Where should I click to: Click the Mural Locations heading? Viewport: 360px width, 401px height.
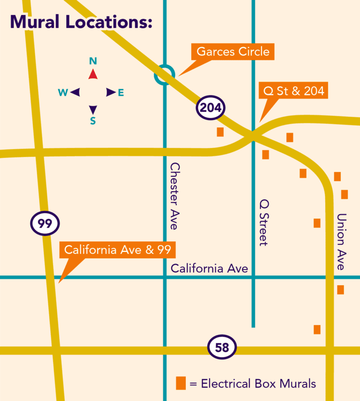[81, 22]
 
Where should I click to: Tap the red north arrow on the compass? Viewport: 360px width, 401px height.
[93, 74]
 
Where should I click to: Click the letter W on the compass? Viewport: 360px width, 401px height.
[63, 93]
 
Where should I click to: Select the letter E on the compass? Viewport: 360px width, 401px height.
[121, 93]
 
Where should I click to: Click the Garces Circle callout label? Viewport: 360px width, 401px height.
[233, 52]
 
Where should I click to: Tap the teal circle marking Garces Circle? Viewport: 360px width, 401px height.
[164, 74]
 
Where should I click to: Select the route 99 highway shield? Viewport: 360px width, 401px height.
[45, 224]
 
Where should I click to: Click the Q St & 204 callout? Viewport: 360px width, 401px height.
[293, 91]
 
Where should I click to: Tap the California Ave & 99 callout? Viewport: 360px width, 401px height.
[117, 250]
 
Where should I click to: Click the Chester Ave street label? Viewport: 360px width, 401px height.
[174, 196]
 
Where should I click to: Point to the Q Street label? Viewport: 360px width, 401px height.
[264, 222]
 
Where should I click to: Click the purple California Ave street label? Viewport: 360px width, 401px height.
[209, 269]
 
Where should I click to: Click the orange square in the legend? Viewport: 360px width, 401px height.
[181, 383]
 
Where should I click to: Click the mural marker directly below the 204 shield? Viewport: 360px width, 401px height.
[220, 132]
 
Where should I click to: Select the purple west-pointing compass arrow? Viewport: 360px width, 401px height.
[75, 92]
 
